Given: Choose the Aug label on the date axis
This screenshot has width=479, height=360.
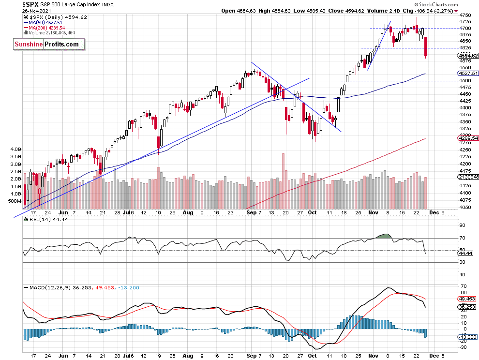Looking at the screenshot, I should (188, 212).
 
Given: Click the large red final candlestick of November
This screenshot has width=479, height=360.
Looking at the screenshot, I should (425, 48).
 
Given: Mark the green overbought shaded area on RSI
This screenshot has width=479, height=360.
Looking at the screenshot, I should (382, 236).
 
